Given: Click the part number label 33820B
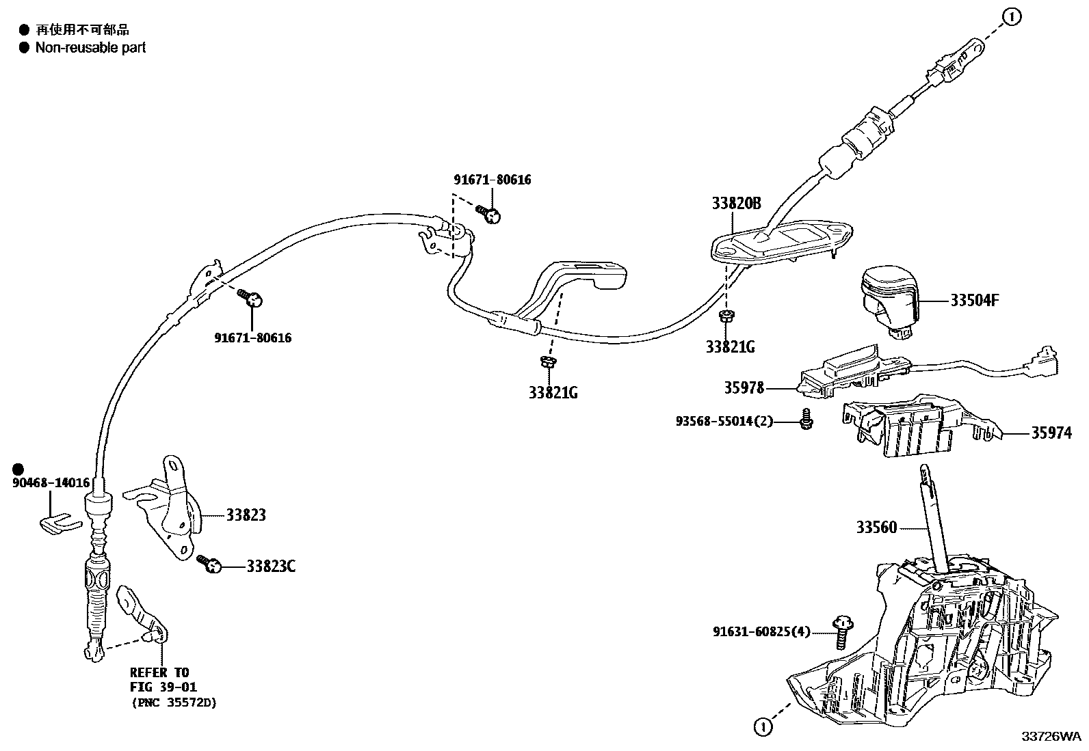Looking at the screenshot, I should [x=736, y=203].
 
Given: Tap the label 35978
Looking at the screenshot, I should [x=744, y=388].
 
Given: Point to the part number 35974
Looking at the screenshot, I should [x=1051, y=433].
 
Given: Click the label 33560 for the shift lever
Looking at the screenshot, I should [x=876, y=528].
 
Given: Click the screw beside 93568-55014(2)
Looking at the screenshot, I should [x=806, y=419].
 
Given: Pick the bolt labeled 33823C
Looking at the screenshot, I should [x=210, y=564].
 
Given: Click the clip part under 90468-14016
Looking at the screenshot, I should [x=57, y=521].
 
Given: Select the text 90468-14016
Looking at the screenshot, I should [x=51, y=483].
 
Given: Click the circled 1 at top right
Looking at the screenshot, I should [x=1012, y=17].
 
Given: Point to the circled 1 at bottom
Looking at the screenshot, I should [x=763, y=727].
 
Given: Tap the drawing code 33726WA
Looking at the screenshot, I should [x=1051, y=737].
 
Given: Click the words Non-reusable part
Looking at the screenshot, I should [x=90, y=48].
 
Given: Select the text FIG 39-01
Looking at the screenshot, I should [x=163, y=687].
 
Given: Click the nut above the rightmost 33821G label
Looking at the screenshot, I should [x=726, y=316].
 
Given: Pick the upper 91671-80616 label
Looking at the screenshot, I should [x=492, y=180].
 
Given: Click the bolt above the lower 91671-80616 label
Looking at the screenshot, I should [x=252, y=298].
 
